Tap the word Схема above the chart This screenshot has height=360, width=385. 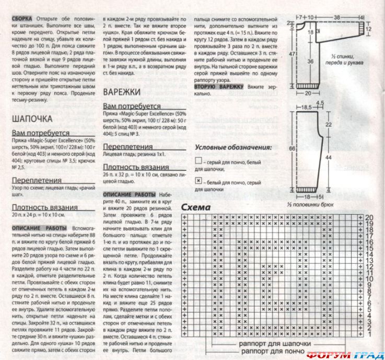pyautogui.click(x=210, y=207)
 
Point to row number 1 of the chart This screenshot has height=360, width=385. pyautogui.click(x=369, y=333)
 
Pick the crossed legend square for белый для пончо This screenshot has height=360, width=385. pyautogui.click(x=198, y=180)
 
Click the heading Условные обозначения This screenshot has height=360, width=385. pyautogui.click(x=233, y=147)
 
